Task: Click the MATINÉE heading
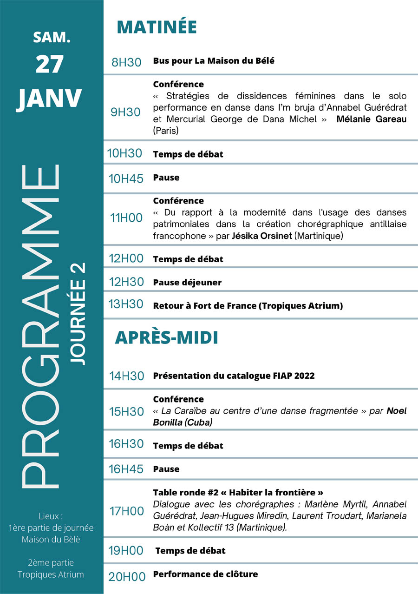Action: pos(157,27)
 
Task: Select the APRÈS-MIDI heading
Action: pos(166,338)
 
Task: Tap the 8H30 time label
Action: pos(126,62)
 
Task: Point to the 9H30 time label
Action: pos(125,112)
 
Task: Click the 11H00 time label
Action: pos(126,218)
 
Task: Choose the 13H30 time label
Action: pos(126,304)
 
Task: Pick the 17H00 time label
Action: pos(126,511)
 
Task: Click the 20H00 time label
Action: pos(127,577)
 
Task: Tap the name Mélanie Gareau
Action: pos(371,119)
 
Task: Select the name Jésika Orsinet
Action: pos(262,236)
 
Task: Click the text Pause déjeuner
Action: pos(187,282)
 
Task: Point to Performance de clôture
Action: pos(205,574)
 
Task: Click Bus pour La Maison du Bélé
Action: pos(214,61)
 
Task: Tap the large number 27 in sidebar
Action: pos(49,64)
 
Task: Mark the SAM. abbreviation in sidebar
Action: pos(52,38)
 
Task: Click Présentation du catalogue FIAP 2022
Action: pos(234,376)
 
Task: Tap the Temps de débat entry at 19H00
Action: pos(190,551)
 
